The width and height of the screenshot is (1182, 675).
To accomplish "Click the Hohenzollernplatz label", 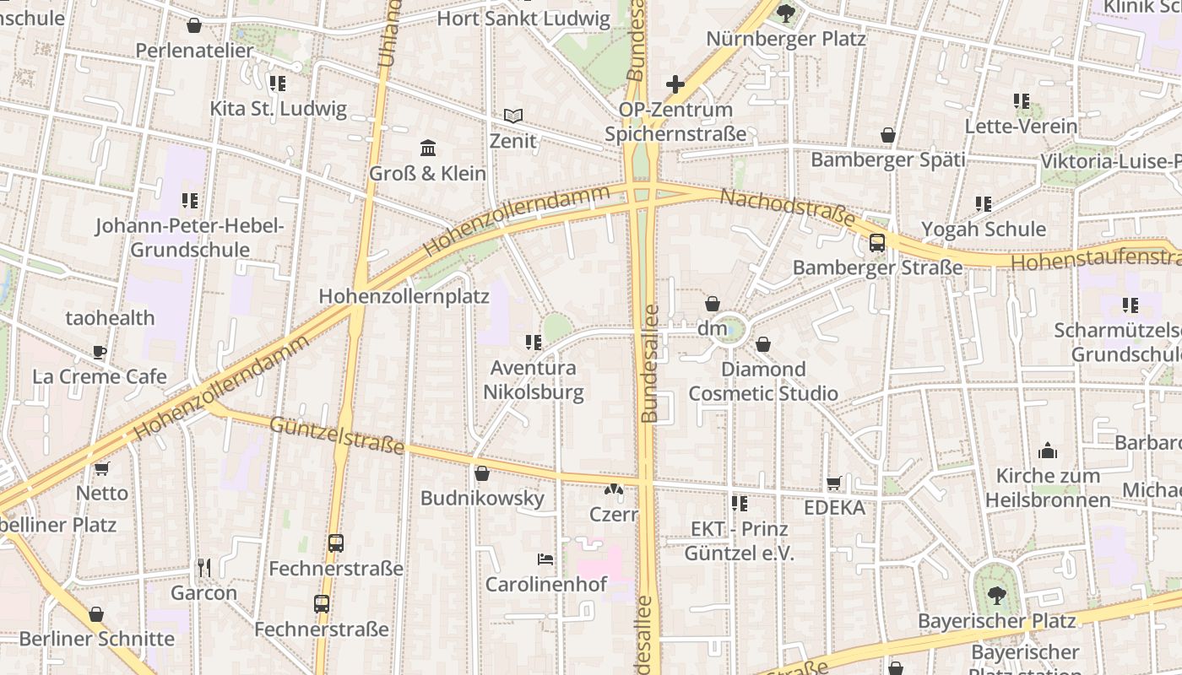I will point(404,296).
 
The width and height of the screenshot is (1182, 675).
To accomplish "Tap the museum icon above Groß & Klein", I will point(428,148).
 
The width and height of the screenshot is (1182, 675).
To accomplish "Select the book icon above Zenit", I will point(513,116).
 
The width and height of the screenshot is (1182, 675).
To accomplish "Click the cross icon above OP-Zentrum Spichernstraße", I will point(675,84).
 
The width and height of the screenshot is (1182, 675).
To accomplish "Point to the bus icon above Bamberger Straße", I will point(877,243).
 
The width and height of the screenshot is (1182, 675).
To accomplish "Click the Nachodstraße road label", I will point(787,208).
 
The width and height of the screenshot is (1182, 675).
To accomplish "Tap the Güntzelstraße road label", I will point(337,435).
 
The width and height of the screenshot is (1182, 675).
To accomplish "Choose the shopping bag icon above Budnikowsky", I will point(482,473).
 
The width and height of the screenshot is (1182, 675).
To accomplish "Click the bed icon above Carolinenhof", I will point(545,559).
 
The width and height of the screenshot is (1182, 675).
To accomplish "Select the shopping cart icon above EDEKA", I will point(834,483).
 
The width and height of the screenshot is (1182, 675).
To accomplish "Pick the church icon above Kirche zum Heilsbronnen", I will point(1048,451).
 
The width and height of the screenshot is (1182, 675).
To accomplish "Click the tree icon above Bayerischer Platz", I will point(996,596).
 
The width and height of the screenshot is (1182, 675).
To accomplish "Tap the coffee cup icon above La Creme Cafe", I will point(100,352).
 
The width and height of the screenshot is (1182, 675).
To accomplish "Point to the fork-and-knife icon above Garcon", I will point(203,567).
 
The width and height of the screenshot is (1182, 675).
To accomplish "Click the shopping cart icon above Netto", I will point(102,468).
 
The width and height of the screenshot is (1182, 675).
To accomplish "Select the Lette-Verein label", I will point(1022,127).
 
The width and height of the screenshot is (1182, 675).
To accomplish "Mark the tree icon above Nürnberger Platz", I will point(786,13).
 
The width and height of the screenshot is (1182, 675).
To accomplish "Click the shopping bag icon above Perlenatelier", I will point(194,25).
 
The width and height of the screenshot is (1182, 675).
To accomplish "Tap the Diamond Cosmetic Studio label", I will point(763,381).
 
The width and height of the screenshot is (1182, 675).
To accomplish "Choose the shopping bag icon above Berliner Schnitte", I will point(96,613).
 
